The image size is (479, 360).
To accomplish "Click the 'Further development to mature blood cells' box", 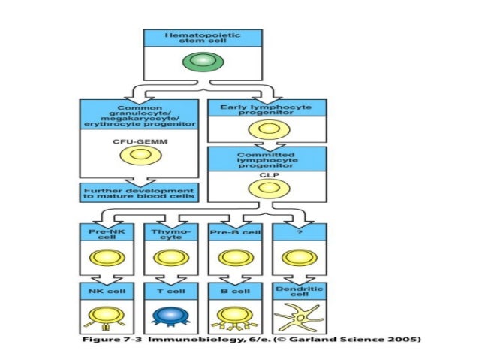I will [139, 192].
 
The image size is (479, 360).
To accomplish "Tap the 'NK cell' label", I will [107, 289].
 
